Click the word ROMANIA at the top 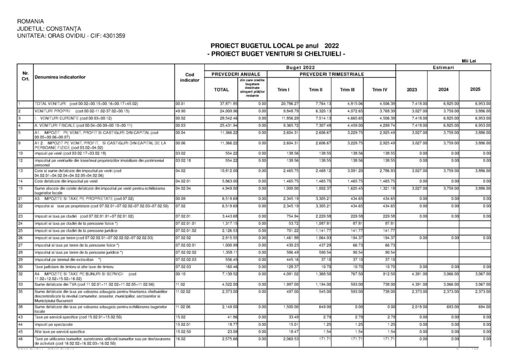point(31,22)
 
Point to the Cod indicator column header point(189,77)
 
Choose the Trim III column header point(347,90)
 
